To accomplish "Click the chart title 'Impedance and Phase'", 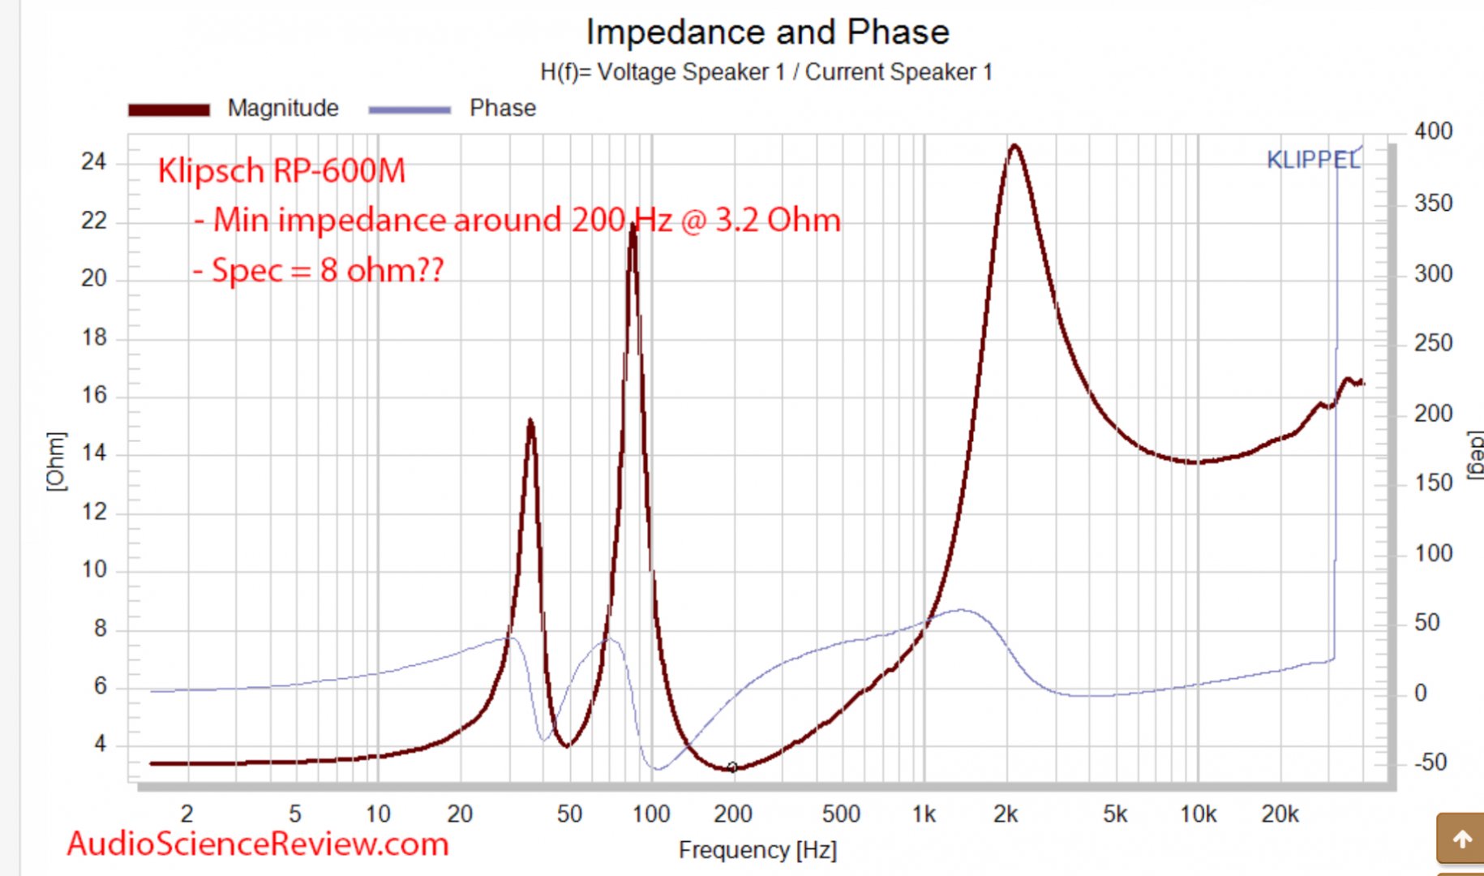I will tap(767, 32).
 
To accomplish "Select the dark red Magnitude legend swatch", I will tap(169, 109).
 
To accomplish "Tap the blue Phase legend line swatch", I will tap(409, 109).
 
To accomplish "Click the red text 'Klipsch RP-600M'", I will tap(281, 170).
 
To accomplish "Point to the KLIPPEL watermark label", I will tap(1313, 160).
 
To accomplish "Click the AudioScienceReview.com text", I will tap(258, 844).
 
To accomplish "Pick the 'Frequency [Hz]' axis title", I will tap(757, 850).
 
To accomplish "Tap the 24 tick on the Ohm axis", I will tap(94, 162).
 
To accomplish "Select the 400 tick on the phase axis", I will tap(1433, 131).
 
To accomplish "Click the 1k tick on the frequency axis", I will tap(924, 814).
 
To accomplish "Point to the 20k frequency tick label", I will tap(1280, 814).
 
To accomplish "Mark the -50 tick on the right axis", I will tap(1430, 762).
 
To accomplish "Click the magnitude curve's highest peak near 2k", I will tap(1014, 147).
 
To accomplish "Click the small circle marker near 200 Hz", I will tap(732, 766).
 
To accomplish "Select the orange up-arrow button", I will tap(1462, 839).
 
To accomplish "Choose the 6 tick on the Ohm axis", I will tap(100, 686).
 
